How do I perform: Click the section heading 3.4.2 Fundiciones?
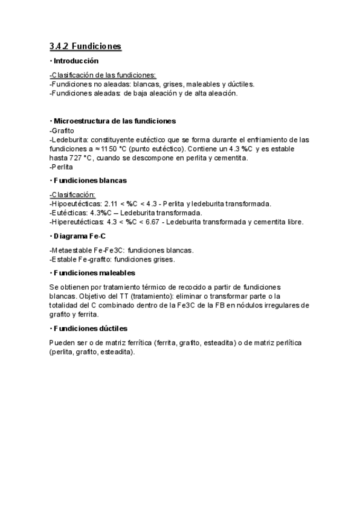coord(85,46)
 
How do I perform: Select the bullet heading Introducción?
coord(76,61)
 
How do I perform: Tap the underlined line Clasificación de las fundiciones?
coord(103,75)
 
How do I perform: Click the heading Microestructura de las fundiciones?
coord(115,121)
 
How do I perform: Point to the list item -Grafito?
coord(62,130)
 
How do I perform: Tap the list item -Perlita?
coord(61,167)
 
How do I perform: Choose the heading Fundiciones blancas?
coord(90,181)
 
